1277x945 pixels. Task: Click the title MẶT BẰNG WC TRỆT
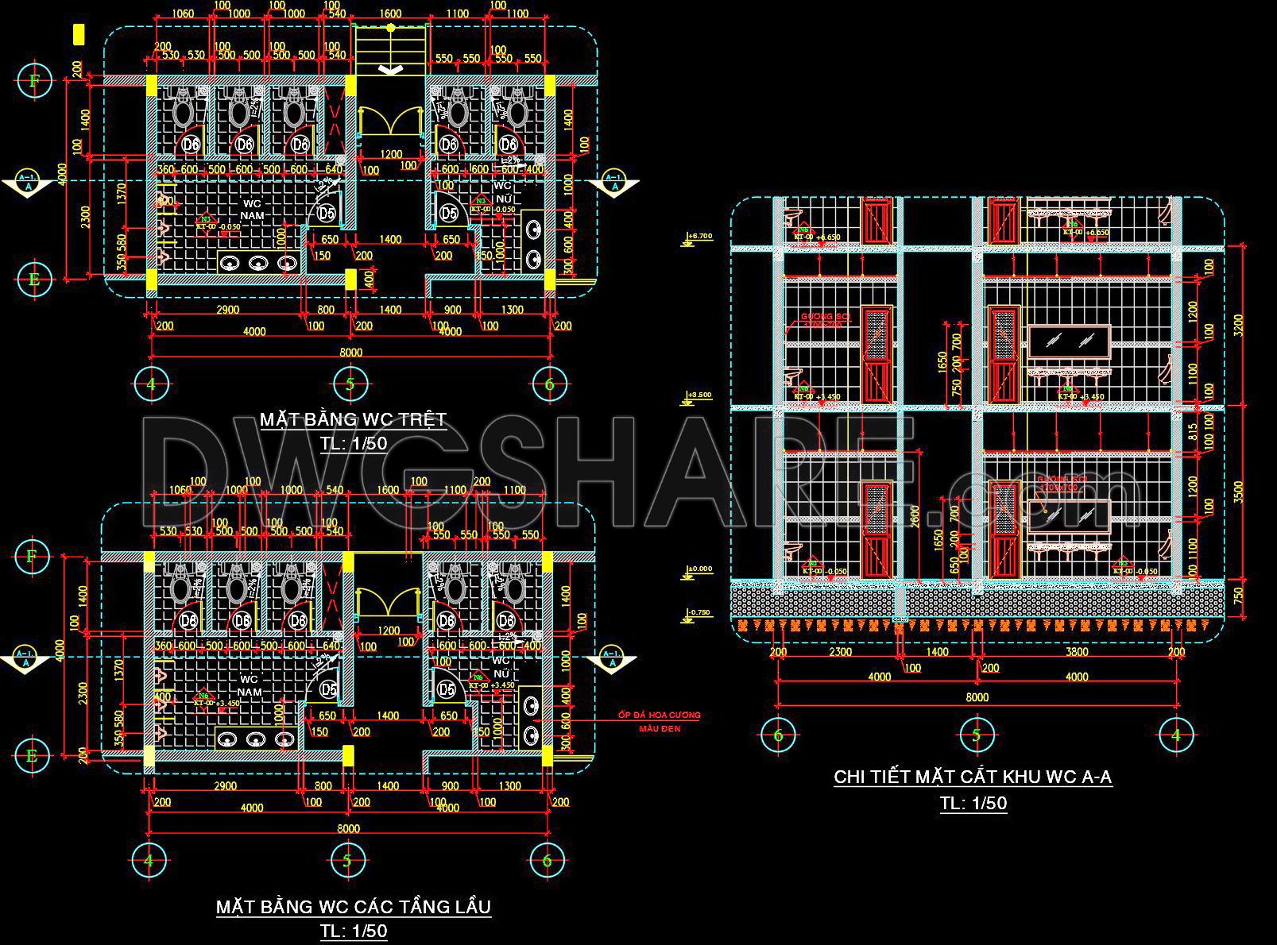[353, 419]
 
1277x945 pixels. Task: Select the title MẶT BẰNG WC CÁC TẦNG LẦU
[354, 906]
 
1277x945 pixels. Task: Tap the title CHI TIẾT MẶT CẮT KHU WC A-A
[973, 776]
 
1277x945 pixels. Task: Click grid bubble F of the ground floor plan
[33, 80]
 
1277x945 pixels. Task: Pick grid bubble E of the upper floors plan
[32, 754]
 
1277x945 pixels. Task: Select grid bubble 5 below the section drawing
[977, 735]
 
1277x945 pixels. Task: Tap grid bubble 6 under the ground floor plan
[548, 384]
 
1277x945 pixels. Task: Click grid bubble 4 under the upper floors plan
[149, 860]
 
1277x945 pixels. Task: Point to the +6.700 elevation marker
[699, 237]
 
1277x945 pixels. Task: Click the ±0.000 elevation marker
[699, 569]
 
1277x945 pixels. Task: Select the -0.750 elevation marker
[699, 612]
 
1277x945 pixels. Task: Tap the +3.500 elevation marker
[699, 395]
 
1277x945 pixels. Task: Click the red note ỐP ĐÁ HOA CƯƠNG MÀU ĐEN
[660, 721]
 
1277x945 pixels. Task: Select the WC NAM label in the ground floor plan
[252, 210]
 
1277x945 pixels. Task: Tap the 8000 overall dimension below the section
[977, 697]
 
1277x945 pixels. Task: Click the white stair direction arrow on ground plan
[389, 70]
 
